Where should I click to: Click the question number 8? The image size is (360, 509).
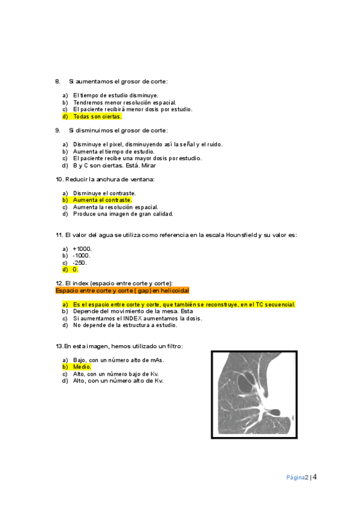click(58, 81)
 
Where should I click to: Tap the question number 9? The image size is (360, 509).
click(58, 130)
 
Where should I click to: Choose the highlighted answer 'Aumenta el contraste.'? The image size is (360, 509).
click(102, 199)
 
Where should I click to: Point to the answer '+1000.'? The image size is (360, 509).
click(82, 248)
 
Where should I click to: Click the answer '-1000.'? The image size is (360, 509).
click(82, 256)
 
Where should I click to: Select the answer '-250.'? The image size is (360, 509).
click(80, 263)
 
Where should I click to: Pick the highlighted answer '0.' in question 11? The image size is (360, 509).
click(76, 270)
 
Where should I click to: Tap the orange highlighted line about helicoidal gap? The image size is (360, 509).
click(122, 290)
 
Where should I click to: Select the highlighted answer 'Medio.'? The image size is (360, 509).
click(82, 366)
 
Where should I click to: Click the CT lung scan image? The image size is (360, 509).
click(254, 394)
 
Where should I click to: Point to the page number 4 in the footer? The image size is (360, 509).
click(314, 477)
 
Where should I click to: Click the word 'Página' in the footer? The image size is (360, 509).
click(295, 478)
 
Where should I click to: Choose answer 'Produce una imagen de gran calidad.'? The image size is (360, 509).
click(123, 214)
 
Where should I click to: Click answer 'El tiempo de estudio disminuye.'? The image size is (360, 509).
click(115, 95)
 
